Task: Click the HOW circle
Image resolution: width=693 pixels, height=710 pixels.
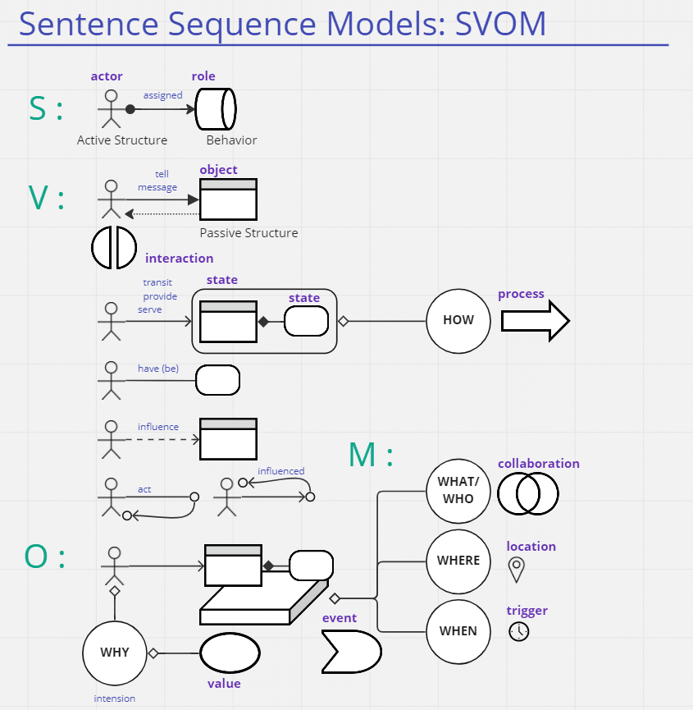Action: [458, 320]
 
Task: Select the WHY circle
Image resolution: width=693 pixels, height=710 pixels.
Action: [115, 653]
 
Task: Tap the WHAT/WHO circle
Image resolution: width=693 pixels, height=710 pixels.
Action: [458, 491]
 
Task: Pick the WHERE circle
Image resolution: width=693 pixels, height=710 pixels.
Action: [458, 561]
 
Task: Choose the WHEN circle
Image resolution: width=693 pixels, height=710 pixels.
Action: [458, 631]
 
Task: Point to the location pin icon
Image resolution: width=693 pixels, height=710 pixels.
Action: [516, 569]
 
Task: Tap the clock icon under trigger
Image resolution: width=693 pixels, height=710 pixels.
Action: [518, 631]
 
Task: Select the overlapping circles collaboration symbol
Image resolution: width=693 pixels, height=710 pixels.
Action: [527, 493]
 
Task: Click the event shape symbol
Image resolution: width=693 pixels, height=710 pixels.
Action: [351, 652]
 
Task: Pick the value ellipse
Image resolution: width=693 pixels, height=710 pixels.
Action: [230, 653]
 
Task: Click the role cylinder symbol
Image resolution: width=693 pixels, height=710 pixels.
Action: [216, 108]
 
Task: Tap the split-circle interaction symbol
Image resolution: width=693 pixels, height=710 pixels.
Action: [114, 246]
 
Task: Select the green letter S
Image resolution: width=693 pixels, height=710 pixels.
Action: [38, 109]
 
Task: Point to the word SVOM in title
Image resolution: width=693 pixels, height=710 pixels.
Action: [500, 23]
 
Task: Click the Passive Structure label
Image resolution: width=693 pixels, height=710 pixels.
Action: [248, 233]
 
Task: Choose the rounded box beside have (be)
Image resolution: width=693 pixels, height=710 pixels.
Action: [218, 380]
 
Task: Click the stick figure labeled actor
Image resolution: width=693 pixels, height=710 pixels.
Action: [111, 109]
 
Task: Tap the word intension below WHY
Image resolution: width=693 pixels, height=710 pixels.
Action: [115, 699]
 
